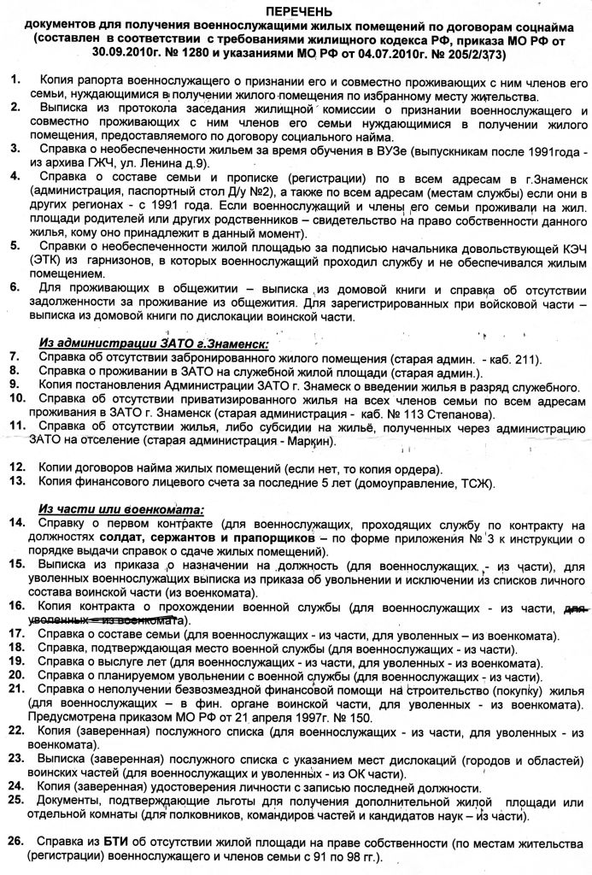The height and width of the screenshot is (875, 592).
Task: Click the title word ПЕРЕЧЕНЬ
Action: (x=296, y=10)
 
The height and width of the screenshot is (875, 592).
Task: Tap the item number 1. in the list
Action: (x=16, y=79)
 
